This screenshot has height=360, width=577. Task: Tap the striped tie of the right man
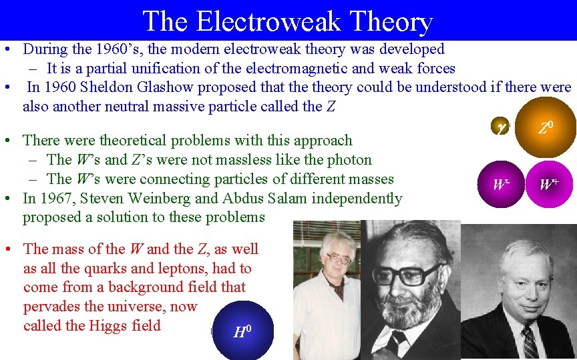coord(530,344)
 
